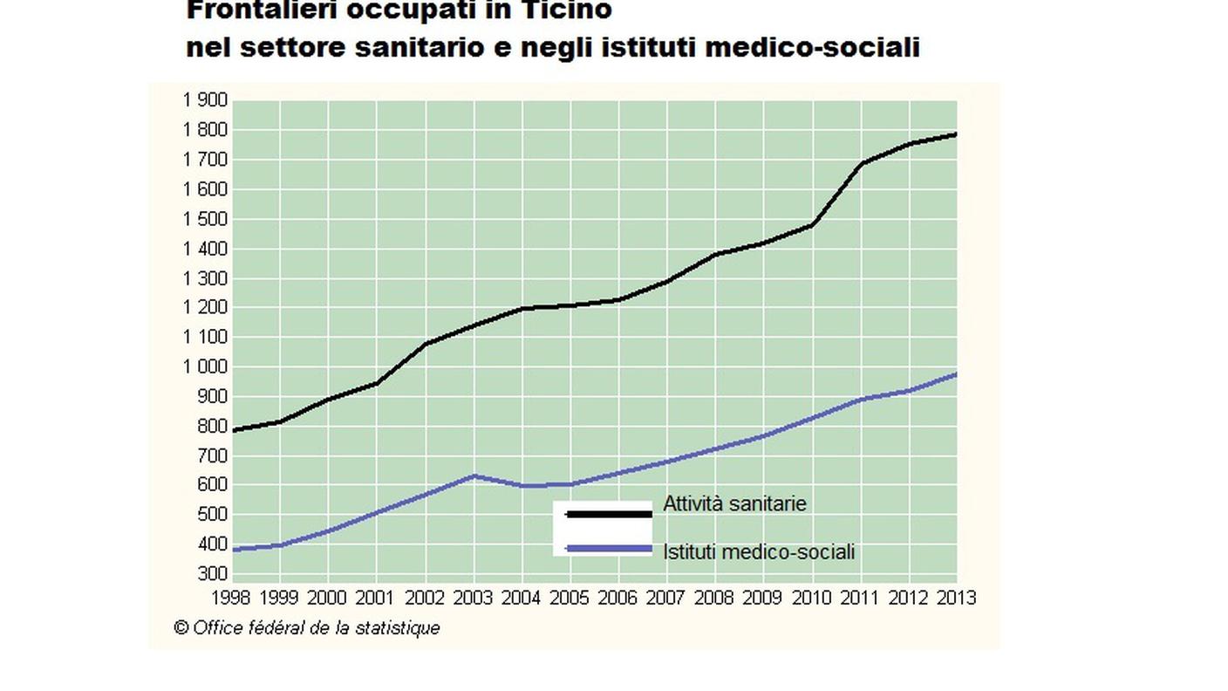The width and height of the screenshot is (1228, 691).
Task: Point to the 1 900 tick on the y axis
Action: pos(205,100)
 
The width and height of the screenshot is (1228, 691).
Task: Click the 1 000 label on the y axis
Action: pos(205,367)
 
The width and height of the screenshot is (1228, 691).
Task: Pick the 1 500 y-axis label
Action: pos(205,219)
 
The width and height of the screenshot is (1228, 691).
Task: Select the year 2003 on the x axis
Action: pos(474,598)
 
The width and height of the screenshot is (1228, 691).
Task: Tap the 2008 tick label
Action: pos(715,598)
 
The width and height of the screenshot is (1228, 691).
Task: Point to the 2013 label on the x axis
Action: pos(955,598)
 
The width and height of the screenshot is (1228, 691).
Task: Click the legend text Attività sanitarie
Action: pos(734,504)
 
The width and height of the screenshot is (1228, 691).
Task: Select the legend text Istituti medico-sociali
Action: pos(759,552)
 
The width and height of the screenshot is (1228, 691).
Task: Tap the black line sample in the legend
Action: pos(608,515)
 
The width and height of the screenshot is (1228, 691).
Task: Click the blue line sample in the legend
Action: pos(608,549)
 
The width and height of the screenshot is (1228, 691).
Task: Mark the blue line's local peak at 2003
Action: pos(474,475)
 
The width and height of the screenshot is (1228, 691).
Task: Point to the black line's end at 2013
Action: pos(956,134)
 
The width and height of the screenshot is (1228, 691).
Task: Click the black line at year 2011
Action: pos(861,164)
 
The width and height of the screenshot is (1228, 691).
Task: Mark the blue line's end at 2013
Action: pos(956,374)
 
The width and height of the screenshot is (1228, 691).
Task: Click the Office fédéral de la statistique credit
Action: pos(307,628)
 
